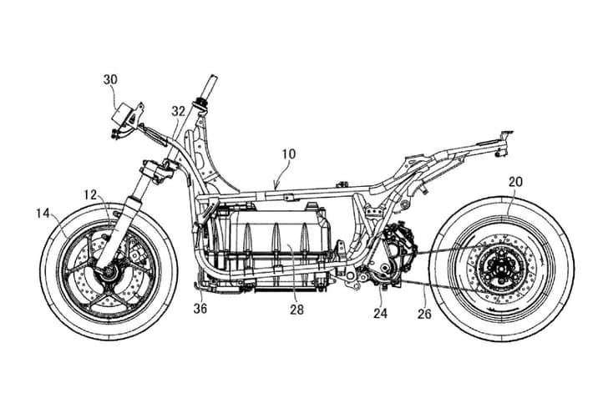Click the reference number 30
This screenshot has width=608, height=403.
pyautogui.click(x=110, y=80)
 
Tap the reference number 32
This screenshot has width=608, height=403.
pyautogui.click(x=178, y=109)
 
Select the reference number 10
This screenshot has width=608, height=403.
pyautogui.click(x=288, y=154)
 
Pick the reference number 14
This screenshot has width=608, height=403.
pyautogui.click(x=43, y=214)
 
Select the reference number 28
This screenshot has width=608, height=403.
pyautogui.click(x=298, y=310)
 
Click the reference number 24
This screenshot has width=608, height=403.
pyautogui.click(x=381, y=314)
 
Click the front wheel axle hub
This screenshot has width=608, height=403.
pyautogui.click(x=106, y=273)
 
